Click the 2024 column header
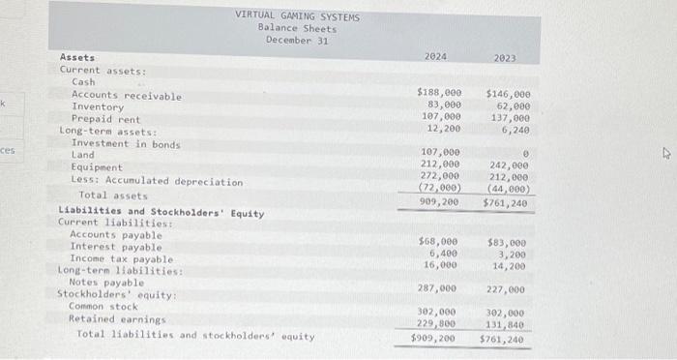(x=435, y=57)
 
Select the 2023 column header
(x=506, y=58)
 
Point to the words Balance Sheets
(x=297, y=28)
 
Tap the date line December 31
(x=297, y=40)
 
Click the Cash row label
(x=84, y=82)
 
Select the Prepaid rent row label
(x=106, y=119)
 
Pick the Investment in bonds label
(x=126, y=143)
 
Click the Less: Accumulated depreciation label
(x=157, y=181)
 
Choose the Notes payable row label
(x=107, y=283)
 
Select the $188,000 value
(x=438, y=92)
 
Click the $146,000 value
(x=507, y=95)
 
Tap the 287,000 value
(x=439, y=288)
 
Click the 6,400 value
(x=443, y=252)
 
